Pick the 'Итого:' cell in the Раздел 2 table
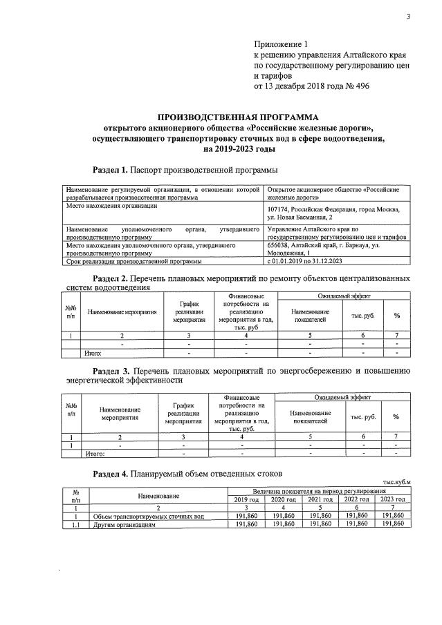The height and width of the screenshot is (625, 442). [x=93, y=353]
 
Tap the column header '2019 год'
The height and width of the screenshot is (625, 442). [x=247, y=499]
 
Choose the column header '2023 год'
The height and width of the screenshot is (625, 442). [x=392, y=499]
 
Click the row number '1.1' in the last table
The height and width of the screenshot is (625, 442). [x=73, y=524]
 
